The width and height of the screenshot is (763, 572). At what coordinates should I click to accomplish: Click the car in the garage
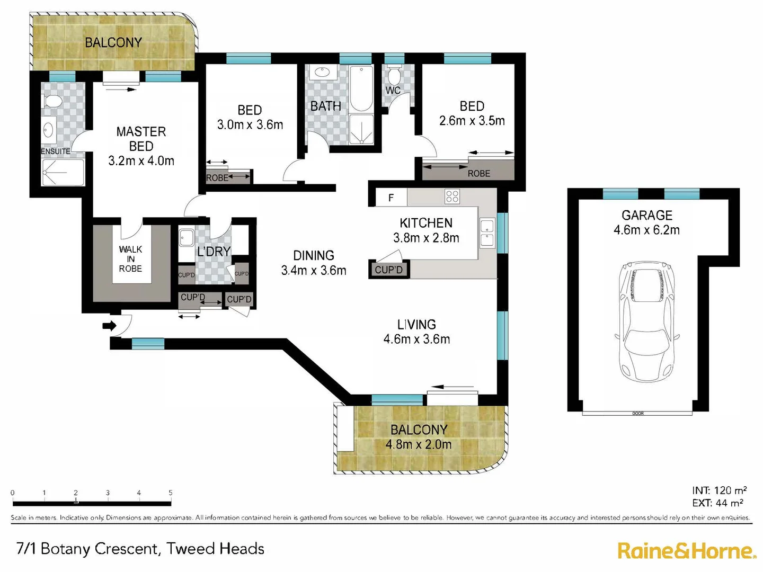point(646,321)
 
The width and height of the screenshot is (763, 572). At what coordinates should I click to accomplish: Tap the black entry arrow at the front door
point(109,326)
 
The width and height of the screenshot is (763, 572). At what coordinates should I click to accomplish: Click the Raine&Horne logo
point(687,551)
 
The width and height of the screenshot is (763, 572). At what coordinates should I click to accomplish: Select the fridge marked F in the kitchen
point(391,198)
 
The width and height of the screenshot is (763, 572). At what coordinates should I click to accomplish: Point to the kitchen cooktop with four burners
point(452,197)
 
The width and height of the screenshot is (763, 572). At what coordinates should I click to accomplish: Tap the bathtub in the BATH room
point(361,88)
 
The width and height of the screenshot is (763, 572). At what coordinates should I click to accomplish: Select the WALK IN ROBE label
point(130,259)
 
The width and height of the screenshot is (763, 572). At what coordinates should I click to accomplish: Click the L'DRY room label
point(214,252)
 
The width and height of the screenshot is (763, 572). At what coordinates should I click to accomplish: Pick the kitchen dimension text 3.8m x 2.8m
point(426,238)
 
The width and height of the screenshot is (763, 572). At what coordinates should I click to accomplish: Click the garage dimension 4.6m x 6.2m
point(646,230)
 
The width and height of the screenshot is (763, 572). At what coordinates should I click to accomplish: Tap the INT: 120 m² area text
point(719,490)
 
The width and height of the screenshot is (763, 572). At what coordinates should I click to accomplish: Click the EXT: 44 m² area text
point(717,503)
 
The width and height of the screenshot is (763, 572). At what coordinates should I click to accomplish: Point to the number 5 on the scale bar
point(171,493)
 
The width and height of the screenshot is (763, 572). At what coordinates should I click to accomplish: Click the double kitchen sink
point(486,234)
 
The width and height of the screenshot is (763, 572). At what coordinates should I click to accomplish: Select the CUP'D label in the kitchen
point(388,270)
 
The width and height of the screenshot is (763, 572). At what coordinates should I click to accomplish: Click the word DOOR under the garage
point(638,414)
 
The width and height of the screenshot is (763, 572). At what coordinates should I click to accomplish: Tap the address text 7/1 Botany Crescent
point(140,549)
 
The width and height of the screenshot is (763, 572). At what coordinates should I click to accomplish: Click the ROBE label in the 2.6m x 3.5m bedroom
point(478,174)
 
